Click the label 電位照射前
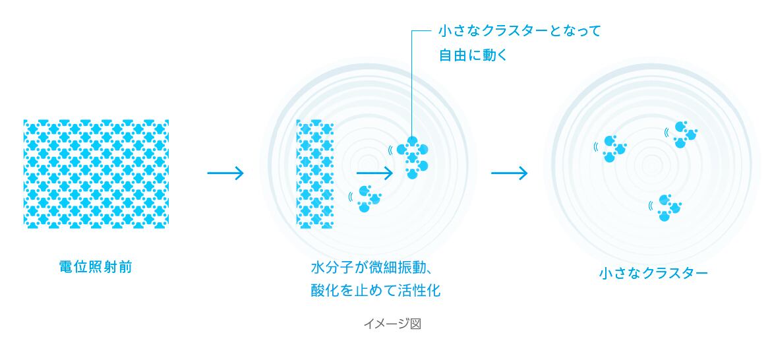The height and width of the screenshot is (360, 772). (96, 267)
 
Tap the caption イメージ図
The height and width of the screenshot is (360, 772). (392, 324)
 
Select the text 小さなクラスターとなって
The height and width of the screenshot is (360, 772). (520, 31)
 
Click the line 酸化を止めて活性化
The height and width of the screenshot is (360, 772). (376, 290)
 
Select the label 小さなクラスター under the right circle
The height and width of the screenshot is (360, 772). (654, 273)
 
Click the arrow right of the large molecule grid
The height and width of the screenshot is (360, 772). (225, 173)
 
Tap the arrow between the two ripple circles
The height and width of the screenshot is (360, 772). (509, 173)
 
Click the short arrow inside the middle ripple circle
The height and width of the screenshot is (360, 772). (374, 173)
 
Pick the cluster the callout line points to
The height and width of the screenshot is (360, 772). (414, 157)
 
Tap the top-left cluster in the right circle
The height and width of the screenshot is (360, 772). (613, 148)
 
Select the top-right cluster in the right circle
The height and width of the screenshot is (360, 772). (685, 135)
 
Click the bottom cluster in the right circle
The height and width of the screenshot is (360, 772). (667, 207)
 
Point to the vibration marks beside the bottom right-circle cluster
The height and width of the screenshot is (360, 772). (651, 205)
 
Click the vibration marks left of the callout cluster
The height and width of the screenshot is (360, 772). (390, 149)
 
